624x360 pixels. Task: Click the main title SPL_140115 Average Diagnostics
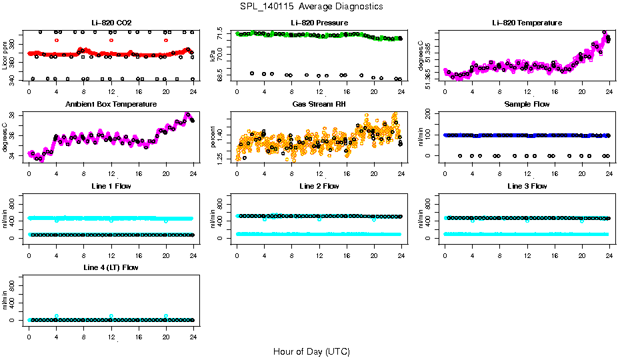coord(312,7)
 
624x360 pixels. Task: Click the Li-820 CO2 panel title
coord(111,23)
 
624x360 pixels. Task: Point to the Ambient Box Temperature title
coord(111,105)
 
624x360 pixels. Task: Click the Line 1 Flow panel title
coord(111,187)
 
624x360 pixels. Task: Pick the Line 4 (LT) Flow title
coord(111,268)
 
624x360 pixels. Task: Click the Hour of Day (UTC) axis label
coord(311,351)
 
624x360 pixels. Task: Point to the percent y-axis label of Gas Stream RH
coord(213,137)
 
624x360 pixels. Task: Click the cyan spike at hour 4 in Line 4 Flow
coord(57,316)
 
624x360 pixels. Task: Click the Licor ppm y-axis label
coord(5,55)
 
